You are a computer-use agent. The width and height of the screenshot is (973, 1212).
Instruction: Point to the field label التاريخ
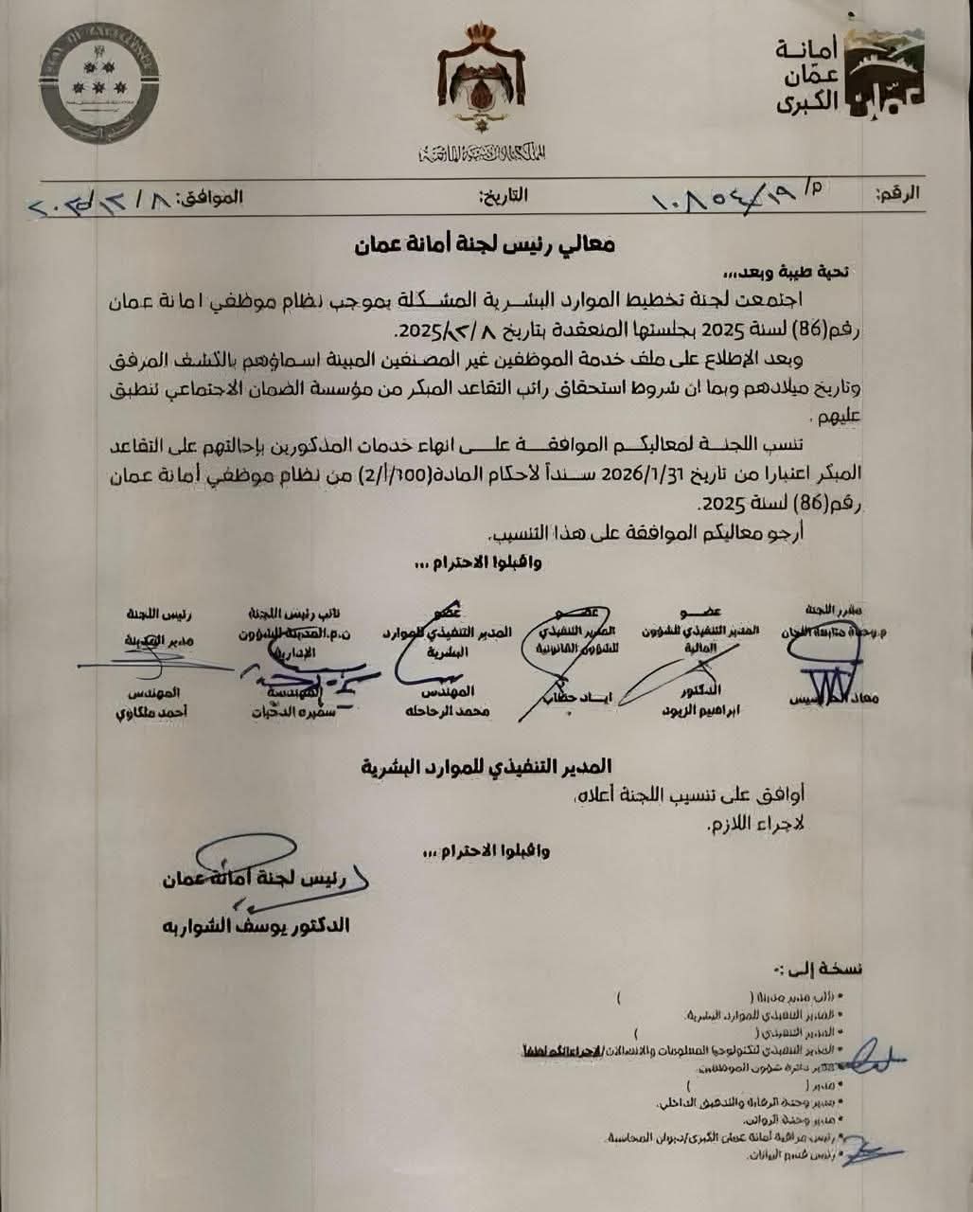[504, 196]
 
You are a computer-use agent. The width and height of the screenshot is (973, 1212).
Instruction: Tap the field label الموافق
[210, 197]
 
